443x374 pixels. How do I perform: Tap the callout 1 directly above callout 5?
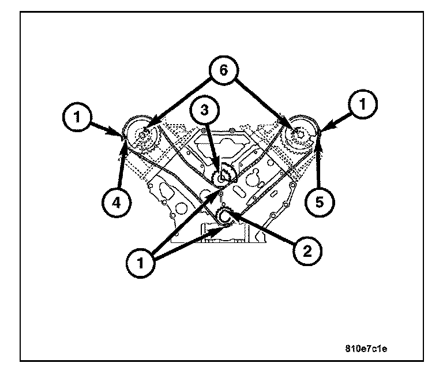363,105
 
